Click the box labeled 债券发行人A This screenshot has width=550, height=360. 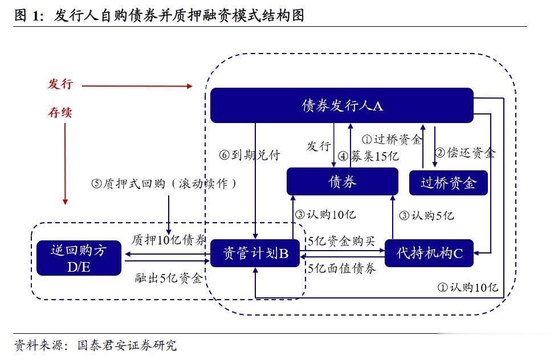tap(342, 105)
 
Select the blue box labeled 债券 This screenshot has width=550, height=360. tap(342, 182)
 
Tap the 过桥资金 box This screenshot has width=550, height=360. tap(449, 183)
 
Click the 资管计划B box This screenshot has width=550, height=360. tap(255, 253)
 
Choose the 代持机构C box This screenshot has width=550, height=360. tap(430, 253)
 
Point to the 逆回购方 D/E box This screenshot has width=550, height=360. tap(79, 258)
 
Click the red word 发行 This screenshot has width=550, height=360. tap(60, 84)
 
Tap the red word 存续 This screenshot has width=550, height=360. tap(60, 112)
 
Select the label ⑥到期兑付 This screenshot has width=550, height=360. tap(250, 154)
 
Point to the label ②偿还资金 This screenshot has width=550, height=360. tap(465, 153)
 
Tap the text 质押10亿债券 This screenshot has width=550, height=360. tap(169, 239)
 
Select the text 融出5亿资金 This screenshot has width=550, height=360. tap(168, 278)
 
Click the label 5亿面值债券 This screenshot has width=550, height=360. tap(341, 269)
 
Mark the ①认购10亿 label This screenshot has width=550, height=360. tap(467, 287)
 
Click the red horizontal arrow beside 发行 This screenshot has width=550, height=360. tap(137, 86)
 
